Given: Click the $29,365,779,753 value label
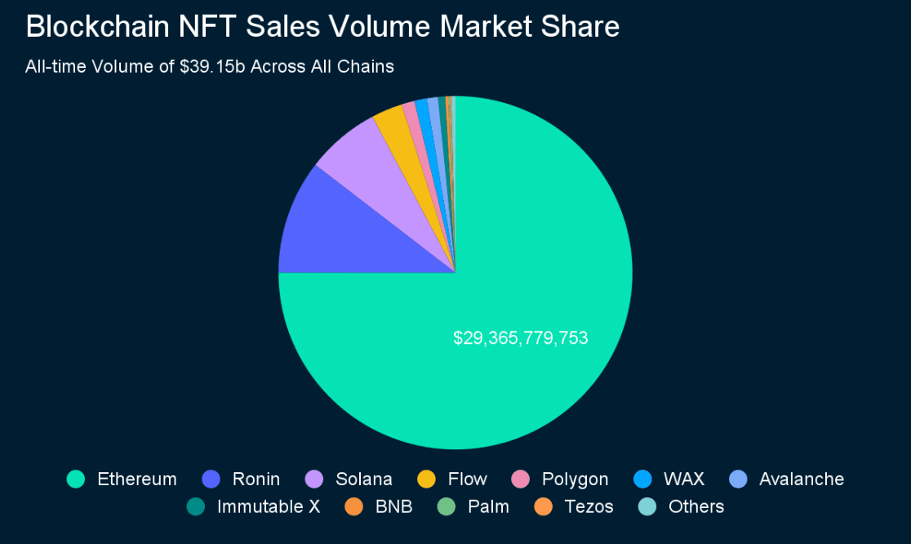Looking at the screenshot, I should [521, 337].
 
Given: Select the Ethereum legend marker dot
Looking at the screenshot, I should [76, 479].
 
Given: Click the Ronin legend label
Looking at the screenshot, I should [256, 479].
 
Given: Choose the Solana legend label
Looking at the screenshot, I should [364, 479].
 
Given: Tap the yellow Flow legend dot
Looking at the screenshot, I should [426, 479].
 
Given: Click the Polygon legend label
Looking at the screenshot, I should [575, 479].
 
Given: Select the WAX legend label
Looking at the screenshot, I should [685, 479].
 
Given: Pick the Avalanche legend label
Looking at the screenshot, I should [801, 479].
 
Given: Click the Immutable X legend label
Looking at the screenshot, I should [268, 507].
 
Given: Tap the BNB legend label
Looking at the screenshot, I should [393, 507].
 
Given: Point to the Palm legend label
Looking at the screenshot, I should [488, 507].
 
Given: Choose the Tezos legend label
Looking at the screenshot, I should [589, 507].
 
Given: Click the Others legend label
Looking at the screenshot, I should [695, 507].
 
